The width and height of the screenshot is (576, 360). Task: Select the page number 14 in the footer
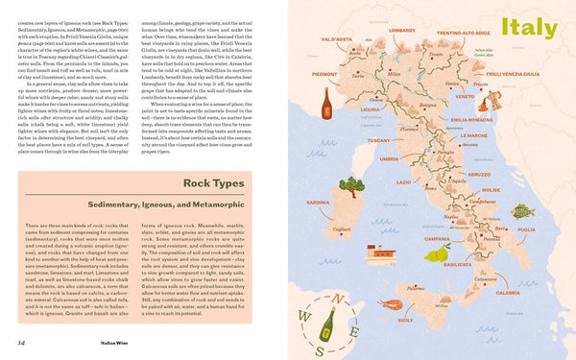click(20, 342)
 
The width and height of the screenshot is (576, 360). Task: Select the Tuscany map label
click(378, 140)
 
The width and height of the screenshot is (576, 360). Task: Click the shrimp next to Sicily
click(392, 304)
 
